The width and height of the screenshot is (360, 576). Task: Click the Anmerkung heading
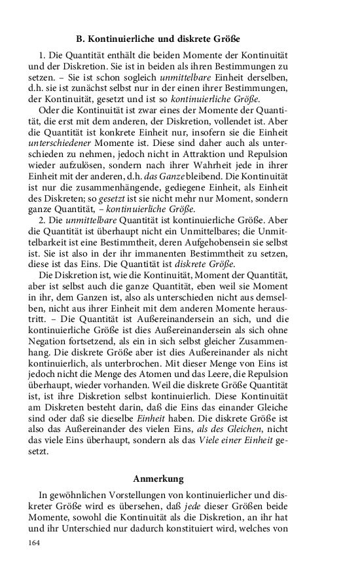(159, 478)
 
